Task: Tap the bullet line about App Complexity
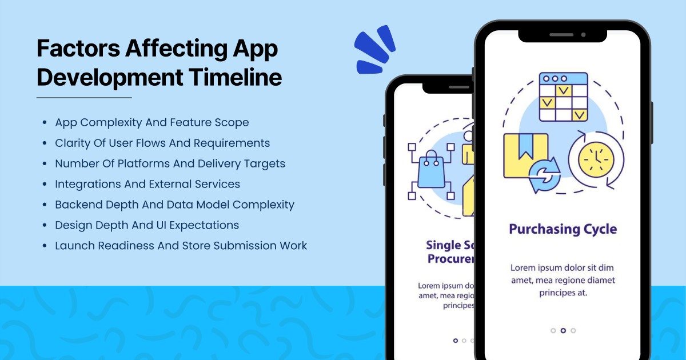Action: (x=151, y=122)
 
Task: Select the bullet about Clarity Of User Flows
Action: (x=162, y=143)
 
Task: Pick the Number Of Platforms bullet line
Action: (x=170, y=163)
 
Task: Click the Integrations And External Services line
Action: (x=147, y=184)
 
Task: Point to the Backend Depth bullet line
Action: (x=174, y=205)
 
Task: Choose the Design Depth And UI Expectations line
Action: (x=147, y=225)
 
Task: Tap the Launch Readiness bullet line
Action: (x=181, y=246)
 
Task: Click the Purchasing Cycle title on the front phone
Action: (x=563, y=229)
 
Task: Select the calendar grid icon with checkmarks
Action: (x=563, y=97)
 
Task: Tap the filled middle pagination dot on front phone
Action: (x=563, y=330)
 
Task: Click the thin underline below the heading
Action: (x=84, y=98)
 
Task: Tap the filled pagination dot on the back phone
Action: (x=455, y=341)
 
